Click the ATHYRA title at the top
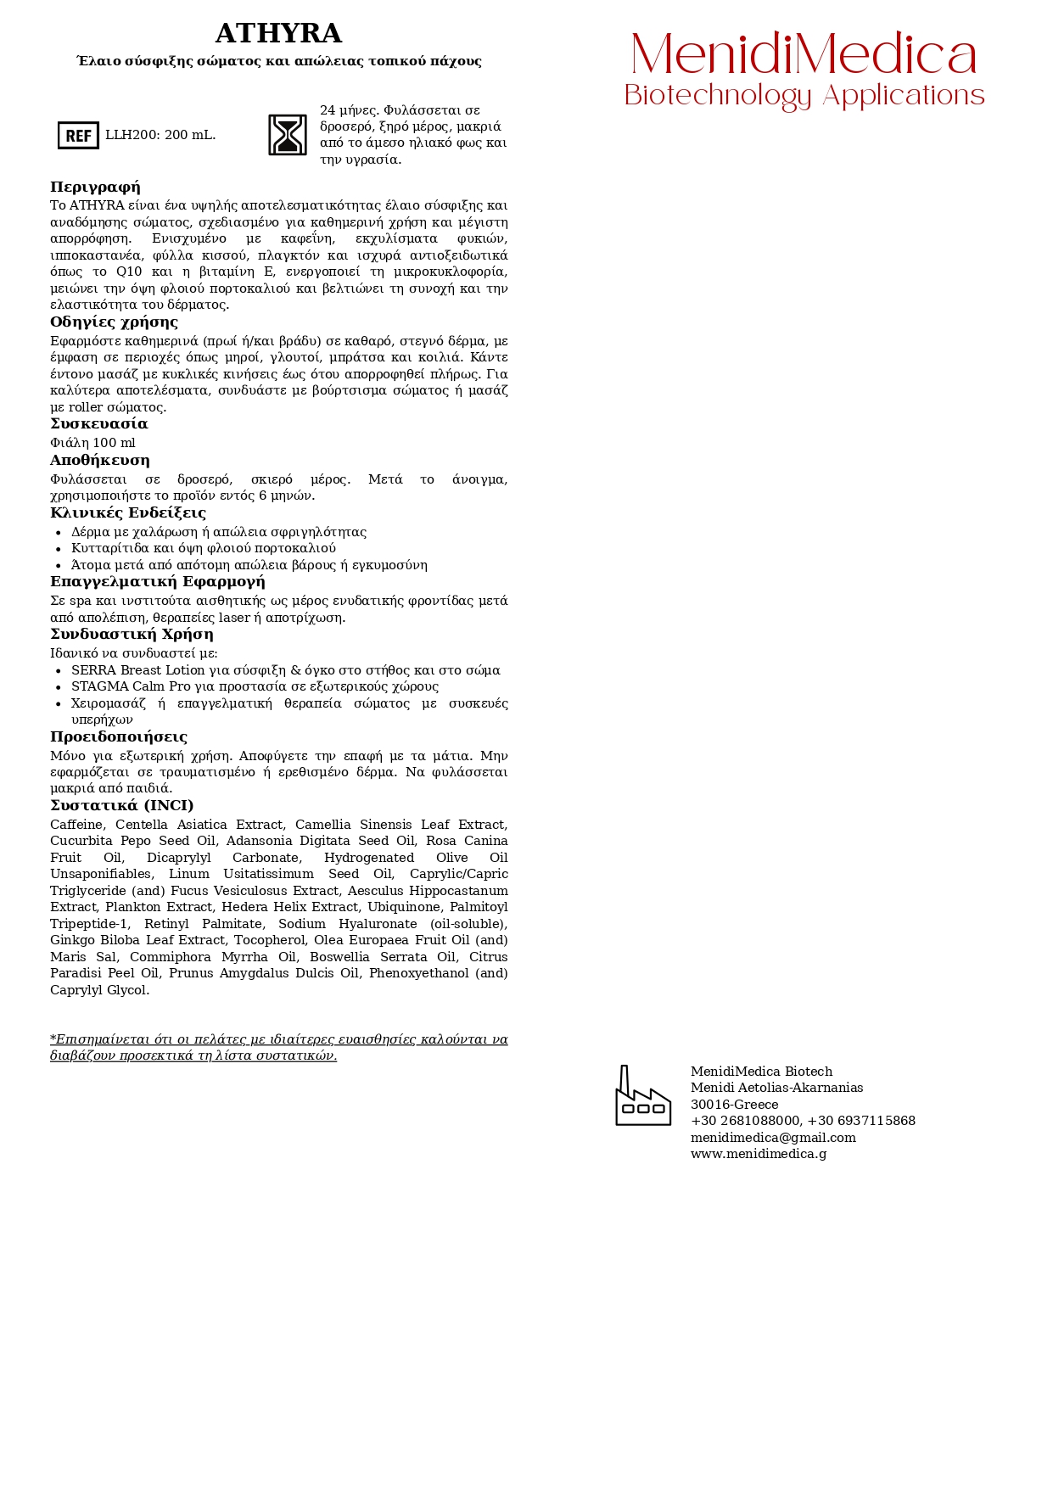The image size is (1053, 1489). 278,34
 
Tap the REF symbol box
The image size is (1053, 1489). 78,135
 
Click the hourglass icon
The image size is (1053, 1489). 288,135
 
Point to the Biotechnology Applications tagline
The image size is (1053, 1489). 804,96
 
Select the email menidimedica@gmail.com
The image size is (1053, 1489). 773,1138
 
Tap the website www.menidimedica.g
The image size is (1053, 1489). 758,1154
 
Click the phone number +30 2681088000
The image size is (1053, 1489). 745,1121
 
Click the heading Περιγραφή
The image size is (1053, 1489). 95,188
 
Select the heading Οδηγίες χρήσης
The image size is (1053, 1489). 114,322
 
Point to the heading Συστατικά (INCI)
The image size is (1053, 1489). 121,806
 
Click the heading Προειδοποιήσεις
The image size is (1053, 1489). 118,737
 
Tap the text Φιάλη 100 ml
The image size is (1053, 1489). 92,443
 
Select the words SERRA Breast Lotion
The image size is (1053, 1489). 138,670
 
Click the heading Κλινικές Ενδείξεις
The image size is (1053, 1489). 127,513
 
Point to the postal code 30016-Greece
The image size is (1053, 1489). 734,1105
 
